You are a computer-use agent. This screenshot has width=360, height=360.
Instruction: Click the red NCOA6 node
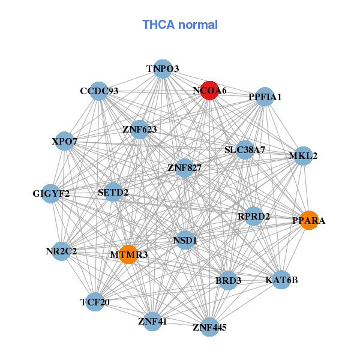pyautogui.click(x=209, y=91)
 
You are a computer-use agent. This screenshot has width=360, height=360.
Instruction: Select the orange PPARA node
pyautogui.click(x=308, y=220)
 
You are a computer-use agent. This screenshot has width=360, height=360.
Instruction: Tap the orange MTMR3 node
pyautogui.click(x=128, y=254)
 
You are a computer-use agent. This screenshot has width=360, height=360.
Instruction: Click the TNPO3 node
pyautogui.click(x=163, y=69)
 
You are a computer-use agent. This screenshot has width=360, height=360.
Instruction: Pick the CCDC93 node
pyautogui.click(x=100, y=91)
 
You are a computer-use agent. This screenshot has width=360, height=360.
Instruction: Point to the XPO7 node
pyautogui.click(x=65, y=142)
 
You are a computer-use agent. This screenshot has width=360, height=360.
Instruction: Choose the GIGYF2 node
pyautogui.click(x=51, y=193)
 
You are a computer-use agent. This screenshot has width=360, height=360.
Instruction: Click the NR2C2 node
pyautogui.click(x=61, y=251)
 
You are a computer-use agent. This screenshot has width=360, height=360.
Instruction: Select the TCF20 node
pyautogui.click(x=95, y=302)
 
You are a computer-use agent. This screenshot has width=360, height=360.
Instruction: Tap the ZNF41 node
pyautogui.click(x=152, y=321)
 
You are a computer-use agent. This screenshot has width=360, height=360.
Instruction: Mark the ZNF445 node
pyautogui.click(x=209, y=327)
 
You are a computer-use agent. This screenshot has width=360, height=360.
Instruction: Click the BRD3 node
pyautogui.click(x=228, y=280)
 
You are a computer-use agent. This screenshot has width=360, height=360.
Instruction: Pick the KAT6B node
pyautogui.click(x=281, y=280)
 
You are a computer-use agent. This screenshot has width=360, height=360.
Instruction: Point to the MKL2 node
pyautogui.click(x=303, y=156)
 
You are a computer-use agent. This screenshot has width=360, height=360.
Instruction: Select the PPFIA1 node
pyautogui.click(x=265, y=97)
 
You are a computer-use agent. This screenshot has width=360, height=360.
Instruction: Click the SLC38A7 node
pyautogui.click(x=245, y=149)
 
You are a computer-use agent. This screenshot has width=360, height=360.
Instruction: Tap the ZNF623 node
pyautogui.click(x=139, y=129)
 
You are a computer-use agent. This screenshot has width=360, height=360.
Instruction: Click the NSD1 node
pyautogui.click(x=185, y=240)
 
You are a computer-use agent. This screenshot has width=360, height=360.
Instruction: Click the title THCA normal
pyautogui.click(x=180, y=25)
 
